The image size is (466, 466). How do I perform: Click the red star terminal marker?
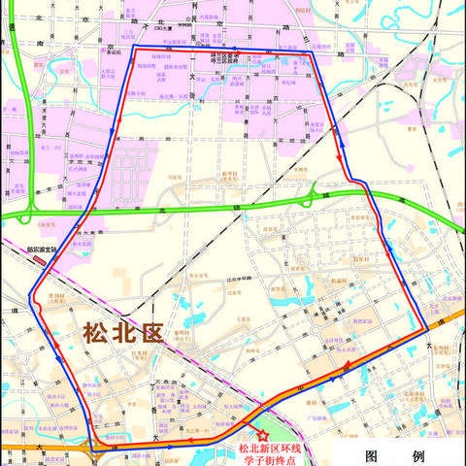pyautogui.click(x=260, y=436)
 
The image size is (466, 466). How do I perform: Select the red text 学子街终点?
pyautogui.click(x=272, y=459)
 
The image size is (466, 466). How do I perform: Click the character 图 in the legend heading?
pyautogui.click(x=373, y=456)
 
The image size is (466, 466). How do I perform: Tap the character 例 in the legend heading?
pyautogui.click(x=417, y=456)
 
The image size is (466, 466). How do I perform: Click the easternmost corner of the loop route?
pyautogui.click(x=427, y=330)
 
